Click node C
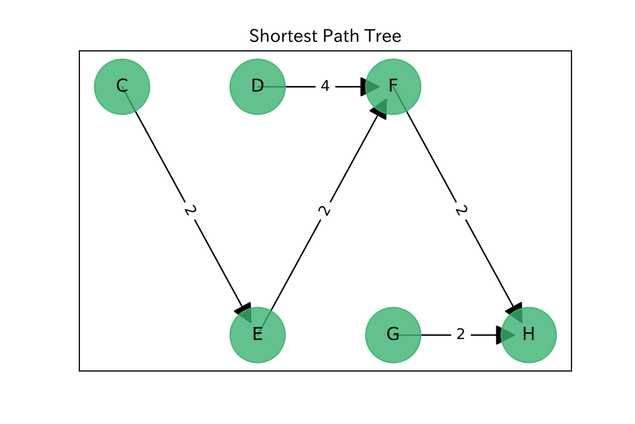pyautogui.click(x=122, y=86)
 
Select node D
pyautogui.click(x=258, y=86)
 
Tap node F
pyautogui.click(x=393, y=86)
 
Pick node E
pyautogui.click(x=258, y=335)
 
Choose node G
pyautogui.click(x=393, y=335)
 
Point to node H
pyautogui.click(x=529, y=335)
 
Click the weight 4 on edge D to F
pyautogui.click(x=325, y=86)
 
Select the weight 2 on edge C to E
pyautogui.click(x=190, y=210)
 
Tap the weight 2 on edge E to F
pyautogui.click(x=325, y=210)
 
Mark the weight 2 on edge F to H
pyautogui.click(x=461, y=210)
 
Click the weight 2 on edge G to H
pyautogui.click(x=460, y=335)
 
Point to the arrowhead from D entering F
pyautogui.click(x=368, y=86)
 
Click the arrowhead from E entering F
pyautogui.click(x=380, y=109)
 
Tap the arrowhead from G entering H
pyautogui.click(x=504, y=335)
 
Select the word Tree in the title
pyautogui.click(x=385, y=36)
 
